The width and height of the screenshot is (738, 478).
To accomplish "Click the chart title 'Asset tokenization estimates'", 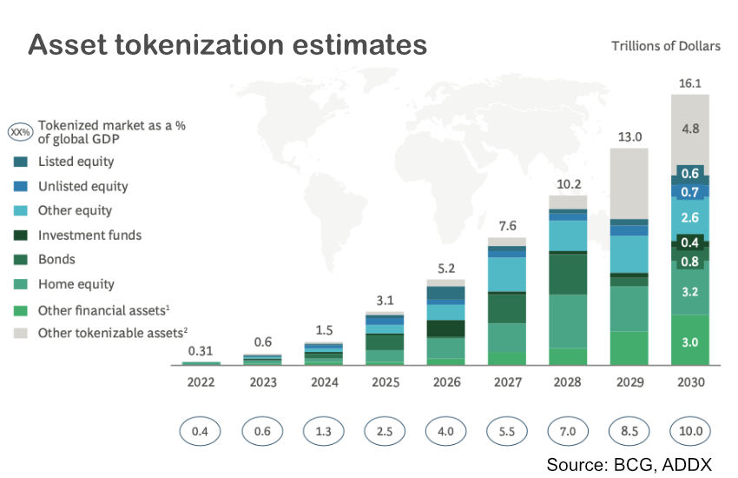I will click(227, 43).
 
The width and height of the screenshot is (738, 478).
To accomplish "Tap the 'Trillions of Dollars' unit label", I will click(665, 46).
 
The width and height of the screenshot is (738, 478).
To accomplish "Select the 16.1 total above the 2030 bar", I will click(691, 83).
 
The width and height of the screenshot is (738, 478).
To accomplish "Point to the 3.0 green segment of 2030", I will click(691, 342).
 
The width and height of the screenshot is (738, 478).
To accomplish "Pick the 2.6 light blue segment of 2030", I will click(691, 217).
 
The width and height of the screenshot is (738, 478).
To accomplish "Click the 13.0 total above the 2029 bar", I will click(629, 137).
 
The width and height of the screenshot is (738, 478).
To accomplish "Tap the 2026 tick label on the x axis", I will click(445, 382).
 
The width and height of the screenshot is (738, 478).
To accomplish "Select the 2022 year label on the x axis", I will click(201, 382).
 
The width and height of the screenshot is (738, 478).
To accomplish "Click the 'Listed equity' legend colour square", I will click(20, 162).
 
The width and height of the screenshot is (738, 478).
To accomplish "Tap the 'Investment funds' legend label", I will click(89, 235).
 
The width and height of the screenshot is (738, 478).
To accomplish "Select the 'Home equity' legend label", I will click(76, 284).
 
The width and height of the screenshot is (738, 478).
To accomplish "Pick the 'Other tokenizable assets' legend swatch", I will click(20, 333).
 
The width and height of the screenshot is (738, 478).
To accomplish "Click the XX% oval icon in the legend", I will click(19, 132).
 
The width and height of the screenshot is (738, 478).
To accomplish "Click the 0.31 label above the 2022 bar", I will click(201, 350).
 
